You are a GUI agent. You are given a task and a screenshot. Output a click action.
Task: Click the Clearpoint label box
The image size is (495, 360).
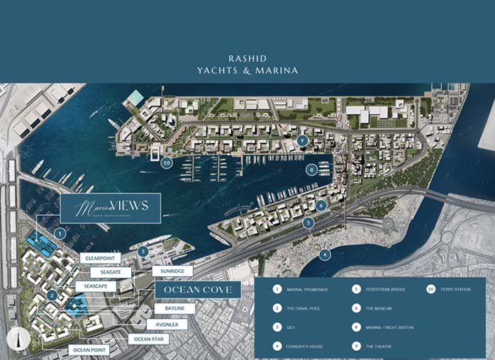101,258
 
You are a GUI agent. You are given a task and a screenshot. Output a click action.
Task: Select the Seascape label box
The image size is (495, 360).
96,286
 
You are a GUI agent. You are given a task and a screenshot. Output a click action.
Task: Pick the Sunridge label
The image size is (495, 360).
172,271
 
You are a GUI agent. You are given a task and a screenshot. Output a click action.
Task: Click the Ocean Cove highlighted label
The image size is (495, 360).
198,291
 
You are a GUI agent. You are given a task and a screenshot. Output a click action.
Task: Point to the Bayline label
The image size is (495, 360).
175,309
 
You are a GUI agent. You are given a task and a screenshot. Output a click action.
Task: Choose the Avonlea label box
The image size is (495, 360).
167,324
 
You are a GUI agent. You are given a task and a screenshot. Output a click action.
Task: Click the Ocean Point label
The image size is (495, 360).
90,349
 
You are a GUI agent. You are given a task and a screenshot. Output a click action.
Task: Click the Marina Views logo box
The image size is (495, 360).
110,208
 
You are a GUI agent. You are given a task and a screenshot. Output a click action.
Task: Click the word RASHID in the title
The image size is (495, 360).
247,58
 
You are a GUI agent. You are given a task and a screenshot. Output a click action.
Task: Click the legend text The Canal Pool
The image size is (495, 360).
306,308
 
